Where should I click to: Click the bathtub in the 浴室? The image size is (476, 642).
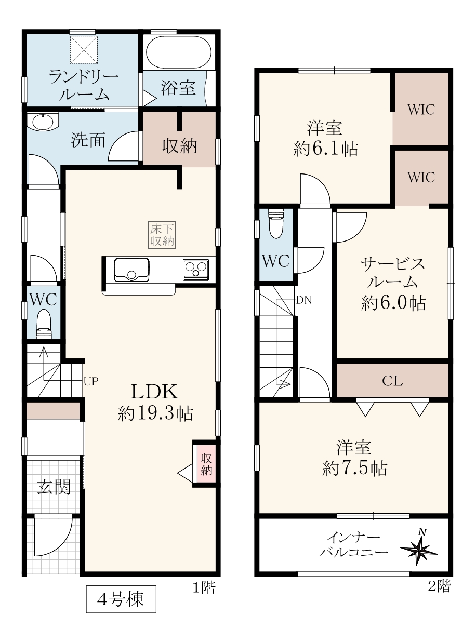179,52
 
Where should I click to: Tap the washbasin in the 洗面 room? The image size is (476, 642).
43,122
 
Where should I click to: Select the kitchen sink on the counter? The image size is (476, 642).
131,270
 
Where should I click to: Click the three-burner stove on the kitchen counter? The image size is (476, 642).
196,270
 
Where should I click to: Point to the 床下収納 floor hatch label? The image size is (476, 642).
162,235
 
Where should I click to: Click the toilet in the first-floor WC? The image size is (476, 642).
44,324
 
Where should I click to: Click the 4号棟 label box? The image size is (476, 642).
121,599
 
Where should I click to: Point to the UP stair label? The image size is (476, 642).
91,381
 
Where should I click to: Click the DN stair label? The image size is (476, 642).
304,300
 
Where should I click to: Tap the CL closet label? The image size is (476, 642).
392,381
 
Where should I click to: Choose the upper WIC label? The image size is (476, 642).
421,110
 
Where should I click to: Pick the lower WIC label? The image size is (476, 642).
421,177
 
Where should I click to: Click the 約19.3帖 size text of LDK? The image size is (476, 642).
155,413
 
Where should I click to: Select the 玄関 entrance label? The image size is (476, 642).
54,487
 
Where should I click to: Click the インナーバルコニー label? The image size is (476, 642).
353,545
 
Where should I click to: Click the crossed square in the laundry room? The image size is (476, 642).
84,49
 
